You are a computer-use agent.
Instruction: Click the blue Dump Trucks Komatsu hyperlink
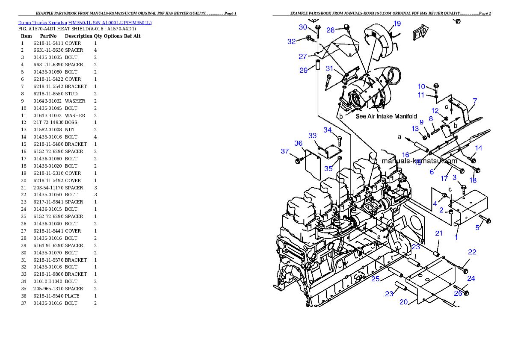(85, 23)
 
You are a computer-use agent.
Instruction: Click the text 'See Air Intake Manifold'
(386, 116)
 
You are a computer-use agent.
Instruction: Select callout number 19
(397, 24)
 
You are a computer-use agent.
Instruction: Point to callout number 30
(303, 27)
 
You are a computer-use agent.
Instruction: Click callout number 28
(331, 30)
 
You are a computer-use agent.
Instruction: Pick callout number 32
(291, 41)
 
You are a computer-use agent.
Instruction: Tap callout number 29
(303, 70)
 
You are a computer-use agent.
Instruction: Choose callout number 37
(285, 151)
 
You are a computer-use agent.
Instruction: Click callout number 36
(299, 143)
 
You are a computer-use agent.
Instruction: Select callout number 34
(327, 130)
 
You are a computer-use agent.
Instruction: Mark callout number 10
(421, 87)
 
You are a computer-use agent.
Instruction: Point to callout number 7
(474, 101)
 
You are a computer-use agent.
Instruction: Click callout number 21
(439, 233)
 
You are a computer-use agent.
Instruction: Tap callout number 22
(472, 252)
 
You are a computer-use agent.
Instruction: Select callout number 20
(403, 302)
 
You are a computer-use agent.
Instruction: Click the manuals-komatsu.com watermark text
(419, 161)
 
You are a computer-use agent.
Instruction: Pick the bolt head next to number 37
(298, 161)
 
